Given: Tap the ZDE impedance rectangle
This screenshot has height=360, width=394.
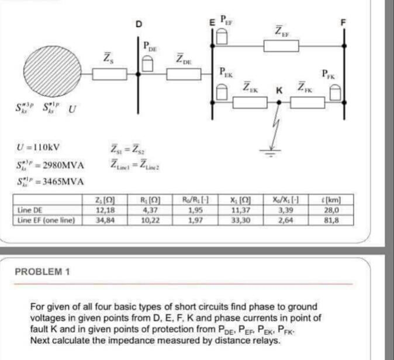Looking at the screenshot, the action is pyautogui.click(x=181, y=74).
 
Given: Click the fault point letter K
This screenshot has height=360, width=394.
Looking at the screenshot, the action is pyautogui.click(x=279, y=91).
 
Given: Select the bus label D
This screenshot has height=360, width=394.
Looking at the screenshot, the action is pyautogui.click(x=139, y=24).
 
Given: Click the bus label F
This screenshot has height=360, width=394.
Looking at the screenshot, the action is pyautogui.click(x=344, y=23).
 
